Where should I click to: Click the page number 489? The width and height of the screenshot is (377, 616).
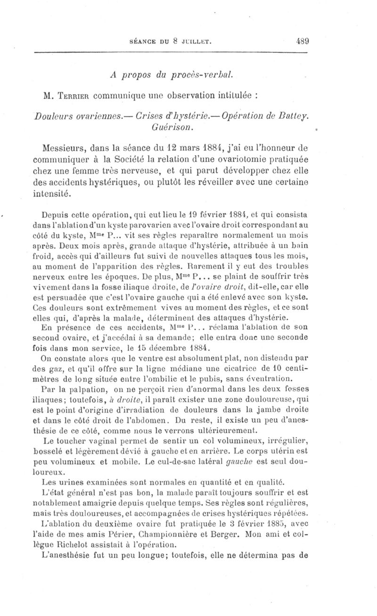coord(302,41)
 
